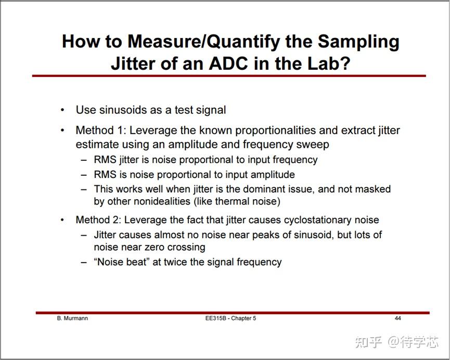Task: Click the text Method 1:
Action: (98, 130)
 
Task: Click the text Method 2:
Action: (98, 220)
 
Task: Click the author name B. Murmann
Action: (72, 318)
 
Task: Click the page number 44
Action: (397, 318)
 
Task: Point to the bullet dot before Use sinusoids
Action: (62, 110)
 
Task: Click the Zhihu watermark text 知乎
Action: (368, 342)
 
